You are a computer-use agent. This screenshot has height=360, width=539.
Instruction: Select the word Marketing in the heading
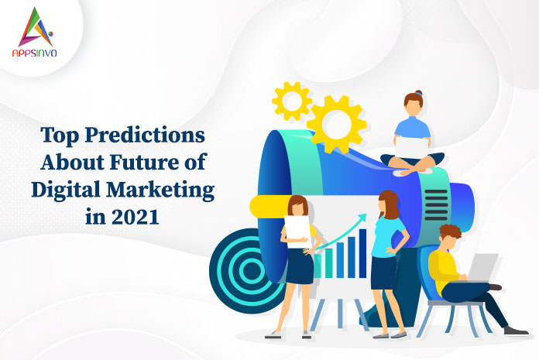160,190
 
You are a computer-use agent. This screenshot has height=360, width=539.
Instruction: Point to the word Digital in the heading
67,190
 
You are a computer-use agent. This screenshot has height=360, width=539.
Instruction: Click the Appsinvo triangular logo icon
36,27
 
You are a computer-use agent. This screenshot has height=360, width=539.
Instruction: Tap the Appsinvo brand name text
34,53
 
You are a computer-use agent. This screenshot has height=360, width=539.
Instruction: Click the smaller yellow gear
292,101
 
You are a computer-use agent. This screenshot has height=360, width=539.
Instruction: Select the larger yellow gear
337,124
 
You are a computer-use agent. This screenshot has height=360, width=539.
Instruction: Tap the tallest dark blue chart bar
362,253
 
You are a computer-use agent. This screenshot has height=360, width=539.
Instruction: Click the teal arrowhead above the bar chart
362,218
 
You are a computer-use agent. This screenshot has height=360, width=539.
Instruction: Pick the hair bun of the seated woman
418,93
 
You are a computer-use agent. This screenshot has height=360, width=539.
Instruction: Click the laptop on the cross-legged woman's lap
412,148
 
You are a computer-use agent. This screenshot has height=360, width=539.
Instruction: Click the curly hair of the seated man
451,231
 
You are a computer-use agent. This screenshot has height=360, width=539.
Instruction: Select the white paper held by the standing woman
297,231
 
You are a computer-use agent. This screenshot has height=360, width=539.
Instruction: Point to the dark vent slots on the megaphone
436,205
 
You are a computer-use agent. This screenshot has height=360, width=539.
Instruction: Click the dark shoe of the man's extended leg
516,331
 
